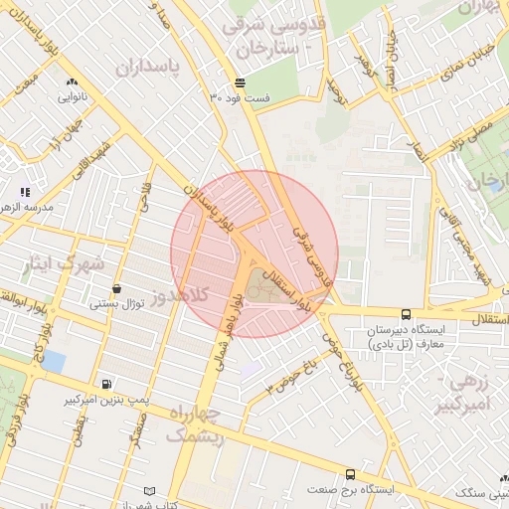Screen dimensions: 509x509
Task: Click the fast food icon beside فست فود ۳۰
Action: click(240, 82)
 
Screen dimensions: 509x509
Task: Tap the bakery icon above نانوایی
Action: click(71, 83)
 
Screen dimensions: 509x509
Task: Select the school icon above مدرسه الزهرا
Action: click(25, 191)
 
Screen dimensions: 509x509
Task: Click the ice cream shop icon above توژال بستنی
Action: click(117, 288)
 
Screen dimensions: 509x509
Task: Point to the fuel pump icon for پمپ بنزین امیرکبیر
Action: click(106, 384)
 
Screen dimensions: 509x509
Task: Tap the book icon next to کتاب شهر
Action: click(150, 492)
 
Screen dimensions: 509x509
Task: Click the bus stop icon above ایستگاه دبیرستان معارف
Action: click(404, 314)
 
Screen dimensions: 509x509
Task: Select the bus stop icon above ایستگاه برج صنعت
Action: click(349, 475)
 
